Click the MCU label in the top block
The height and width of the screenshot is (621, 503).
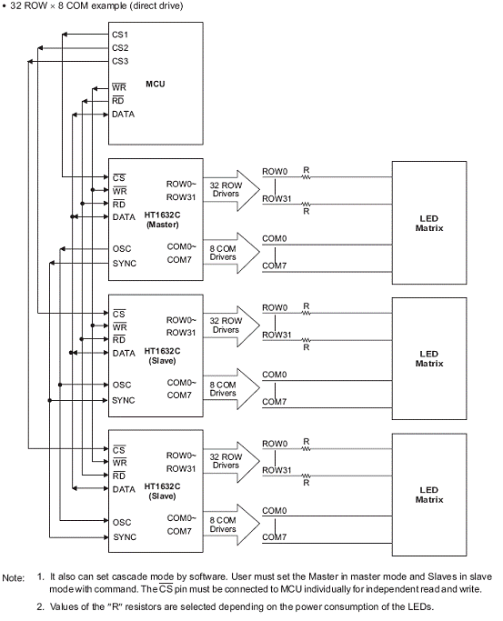(156, 84)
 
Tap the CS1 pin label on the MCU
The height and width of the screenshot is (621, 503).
(120, 35)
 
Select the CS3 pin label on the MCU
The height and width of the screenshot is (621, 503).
(120, 62)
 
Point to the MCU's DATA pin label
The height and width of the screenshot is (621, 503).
(123, 115)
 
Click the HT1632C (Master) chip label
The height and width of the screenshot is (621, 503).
(162, 220)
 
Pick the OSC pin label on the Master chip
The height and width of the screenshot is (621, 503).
(122, 249)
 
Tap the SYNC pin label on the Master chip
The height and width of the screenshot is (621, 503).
(125, 264)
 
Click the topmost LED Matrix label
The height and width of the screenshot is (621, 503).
(429, 224)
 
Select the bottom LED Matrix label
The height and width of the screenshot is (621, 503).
(429, 495)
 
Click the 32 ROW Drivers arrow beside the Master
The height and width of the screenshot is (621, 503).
(232, 190)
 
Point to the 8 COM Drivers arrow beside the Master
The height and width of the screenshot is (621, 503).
(232, 253)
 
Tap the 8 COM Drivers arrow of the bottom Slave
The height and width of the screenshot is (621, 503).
(232, 525)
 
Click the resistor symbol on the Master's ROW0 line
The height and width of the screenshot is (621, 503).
(307, 177)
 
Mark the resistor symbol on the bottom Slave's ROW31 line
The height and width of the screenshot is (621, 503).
(307, 476)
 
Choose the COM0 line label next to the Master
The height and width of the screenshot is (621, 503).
(274, 238)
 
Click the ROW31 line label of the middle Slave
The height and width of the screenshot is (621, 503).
(277, 336)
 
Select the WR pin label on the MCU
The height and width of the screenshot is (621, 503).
(119, 87)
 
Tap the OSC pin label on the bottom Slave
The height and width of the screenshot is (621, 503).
(122, 523)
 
